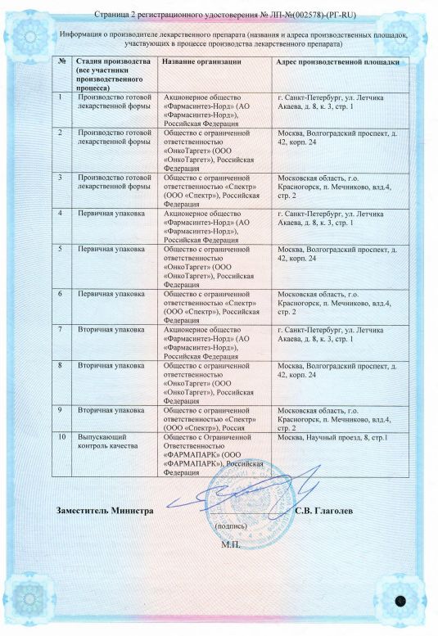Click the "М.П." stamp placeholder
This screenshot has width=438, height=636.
pyautogui.click(x=231, y=544)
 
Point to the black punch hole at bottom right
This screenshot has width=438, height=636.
pyautogui.click(x=400, y=601)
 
